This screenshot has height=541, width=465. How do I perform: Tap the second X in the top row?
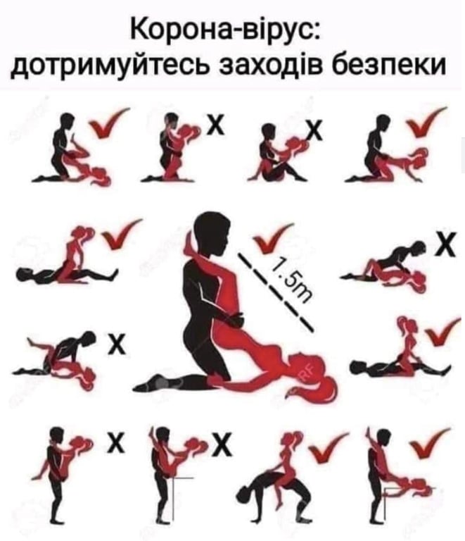pyautogui.click(x=316, y=131)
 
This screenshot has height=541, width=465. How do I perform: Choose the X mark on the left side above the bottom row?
pyautogui.click(x=117, y=344)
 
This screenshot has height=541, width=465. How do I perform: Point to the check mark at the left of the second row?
pyautogui.click(x=121, y=234)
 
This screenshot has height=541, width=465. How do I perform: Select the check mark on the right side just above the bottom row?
pyautogui.click(x=442, y=331)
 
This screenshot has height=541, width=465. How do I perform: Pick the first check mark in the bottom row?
pyautogui.click(x=327, y=447)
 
